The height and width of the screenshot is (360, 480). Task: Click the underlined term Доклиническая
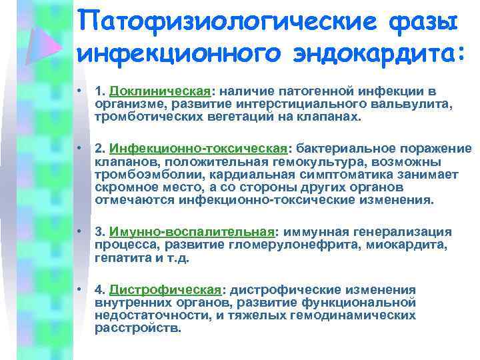click(x=161, y=91)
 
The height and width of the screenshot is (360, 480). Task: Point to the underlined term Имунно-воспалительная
click(x=193, y=233)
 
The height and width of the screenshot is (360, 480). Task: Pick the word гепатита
click(x=117, y=258)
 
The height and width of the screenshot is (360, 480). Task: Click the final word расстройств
click(x=137, y=328)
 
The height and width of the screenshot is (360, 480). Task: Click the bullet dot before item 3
click(x=80, y=232)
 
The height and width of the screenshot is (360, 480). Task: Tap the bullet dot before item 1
click(x=80, y=91)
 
